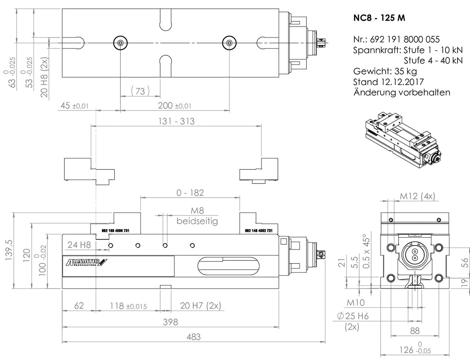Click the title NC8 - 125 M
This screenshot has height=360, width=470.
pos(379,18)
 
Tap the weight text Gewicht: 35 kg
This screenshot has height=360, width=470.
pos(385,71)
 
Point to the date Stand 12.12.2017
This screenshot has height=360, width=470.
pos(388,82)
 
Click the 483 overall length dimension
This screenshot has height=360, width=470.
pos(194,337)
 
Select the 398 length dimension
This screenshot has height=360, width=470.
pos(170,322)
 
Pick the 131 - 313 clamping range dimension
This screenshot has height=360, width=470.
pos(176,121)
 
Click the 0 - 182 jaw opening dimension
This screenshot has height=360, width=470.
pos(190,193)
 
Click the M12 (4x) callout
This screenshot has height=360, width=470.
pos(417,196)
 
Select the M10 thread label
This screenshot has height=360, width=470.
pos(356,302)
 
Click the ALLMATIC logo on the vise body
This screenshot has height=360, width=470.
pos(86,262)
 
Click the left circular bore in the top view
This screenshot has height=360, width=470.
pos(120,43)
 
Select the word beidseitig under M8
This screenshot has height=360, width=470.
pos(197,221)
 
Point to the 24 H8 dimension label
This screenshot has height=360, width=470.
pos(79,244)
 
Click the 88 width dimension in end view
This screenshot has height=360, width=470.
pos(414,331)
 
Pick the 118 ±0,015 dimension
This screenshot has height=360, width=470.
pos(128,306)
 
